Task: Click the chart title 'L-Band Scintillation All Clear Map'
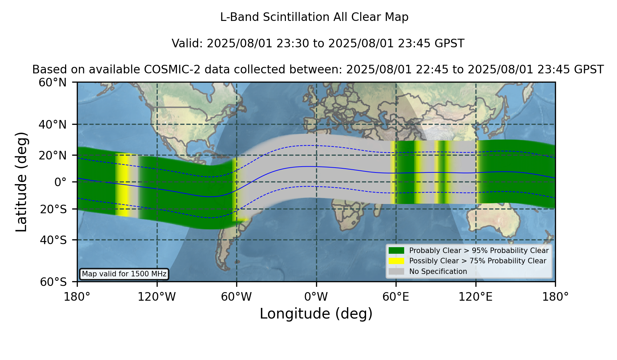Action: [x=314, y=17]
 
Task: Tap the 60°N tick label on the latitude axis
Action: [x=53, y=83]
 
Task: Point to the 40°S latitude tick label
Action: [x=53, y=240]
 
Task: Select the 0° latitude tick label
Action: [x=60, y=182]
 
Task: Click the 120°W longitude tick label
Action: [x=157, y=297]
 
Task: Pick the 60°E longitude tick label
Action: [x=396, y=297]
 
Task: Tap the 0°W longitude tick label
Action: [x=316, y=297]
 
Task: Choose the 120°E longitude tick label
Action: [x=475, y=297]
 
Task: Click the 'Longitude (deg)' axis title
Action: [x=316, y=314]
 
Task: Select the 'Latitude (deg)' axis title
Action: [x=22, y=182]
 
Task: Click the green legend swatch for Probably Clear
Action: [x=396, y=251]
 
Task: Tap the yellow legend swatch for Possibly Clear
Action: [x=396, y=261]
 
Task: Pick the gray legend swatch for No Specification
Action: [x=396, y=272]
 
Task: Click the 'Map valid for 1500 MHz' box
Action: [x=124, y=274]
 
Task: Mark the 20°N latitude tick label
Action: [x=53, y=155]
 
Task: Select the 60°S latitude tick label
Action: [x=53, y=282]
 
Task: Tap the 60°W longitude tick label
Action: [x=237, y=297]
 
